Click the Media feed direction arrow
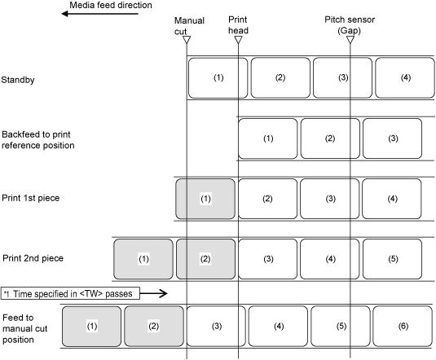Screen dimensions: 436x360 point(99,14)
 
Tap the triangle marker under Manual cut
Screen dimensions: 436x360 point(187,40)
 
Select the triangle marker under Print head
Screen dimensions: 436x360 point(238,40)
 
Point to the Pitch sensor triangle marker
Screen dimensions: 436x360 point(350,40)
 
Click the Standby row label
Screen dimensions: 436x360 point(18,80)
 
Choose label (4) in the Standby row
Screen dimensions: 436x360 point(405,78)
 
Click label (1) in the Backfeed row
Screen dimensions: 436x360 point(268,138)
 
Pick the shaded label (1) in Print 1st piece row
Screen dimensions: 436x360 point(205,199)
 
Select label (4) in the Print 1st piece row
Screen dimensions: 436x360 point(392,199)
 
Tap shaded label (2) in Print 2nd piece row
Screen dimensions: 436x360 point(205,259)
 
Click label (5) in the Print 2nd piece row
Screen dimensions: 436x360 point(392,259)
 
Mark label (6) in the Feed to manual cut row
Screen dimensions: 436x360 point(403,326)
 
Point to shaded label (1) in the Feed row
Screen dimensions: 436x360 point(92,326)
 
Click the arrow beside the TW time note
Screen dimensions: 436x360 point(153,293)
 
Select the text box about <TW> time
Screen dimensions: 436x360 point(70,293)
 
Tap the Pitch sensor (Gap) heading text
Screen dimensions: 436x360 point(350,25)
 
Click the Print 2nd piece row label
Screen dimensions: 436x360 point(33,258)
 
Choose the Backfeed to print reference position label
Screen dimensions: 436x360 point(38,140)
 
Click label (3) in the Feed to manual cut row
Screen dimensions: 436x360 point(216,326)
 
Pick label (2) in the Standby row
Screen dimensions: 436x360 point(280,78)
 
